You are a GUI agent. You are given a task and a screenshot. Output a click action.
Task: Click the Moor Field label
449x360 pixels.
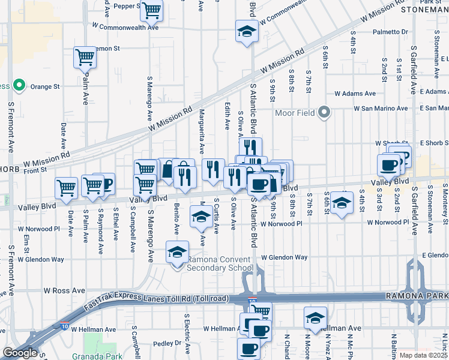click(295, 113)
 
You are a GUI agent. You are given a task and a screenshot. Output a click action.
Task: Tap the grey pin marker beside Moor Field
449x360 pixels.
click(325, 112)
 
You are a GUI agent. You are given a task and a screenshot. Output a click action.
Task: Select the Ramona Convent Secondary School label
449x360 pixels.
click(220, 263)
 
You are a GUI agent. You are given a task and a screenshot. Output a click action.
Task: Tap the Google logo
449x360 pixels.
click(20, 353)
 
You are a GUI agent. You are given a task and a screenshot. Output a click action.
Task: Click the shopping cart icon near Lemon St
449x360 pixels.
click(85, 58)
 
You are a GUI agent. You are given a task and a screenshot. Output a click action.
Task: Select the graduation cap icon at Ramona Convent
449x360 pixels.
click(177, 252)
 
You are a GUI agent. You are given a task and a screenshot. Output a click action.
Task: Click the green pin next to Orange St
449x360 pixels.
click(19, 86)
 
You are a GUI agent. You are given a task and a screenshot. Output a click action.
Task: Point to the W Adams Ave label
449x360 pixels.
click(355, 94)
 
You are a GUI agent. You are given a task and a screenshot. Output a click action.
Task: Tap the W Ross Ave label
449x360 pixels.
click(64, 290)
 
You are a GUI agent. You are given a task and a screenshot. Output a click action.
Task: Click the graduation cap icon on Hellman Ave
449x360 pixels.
click(315, 319)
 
